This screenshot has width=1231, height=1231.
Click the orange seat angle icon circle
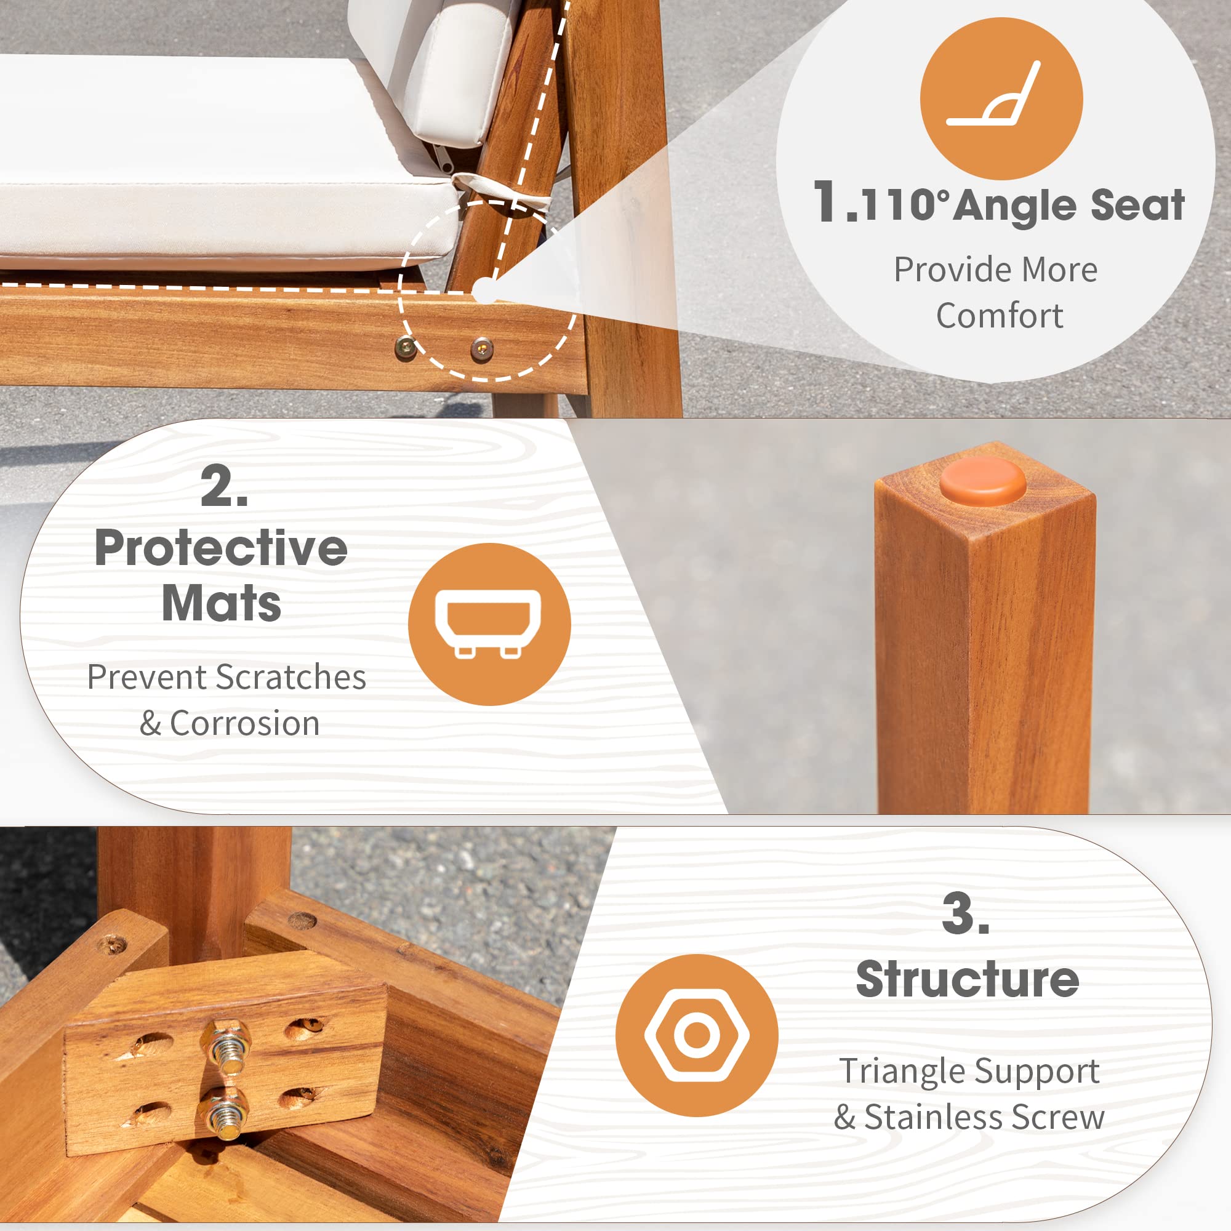[x=1001, y=98]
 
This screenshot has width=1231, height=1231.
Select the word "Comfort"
[x=999, y=316]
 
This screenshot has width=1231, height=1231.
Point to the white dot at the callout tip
[x=485, y=291]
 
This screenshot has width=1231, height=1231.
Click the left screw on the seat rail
[x=405, y=347]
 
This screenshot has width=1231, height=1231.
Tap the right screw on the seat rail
[x=482, y=348]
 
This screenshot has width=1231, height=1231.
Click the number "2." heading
[x=224, y=486]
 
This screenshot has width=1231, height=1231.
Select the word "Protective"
[x=221, y=548]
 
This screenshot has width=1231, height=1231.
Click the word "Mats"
[x=221, y=603]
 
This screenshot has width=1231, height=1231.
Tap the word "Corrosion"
[x=245, y=724]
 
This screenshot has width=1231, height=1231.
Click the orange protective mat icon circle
[x=489, y=624]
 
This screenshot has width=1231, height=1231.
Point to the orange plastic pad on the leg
[x=982, y=481]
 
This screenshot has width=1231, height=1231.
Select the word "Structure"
[x=967, y=979]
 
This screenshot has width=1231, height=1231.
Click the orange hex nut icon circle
[x=696, y=1035]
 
